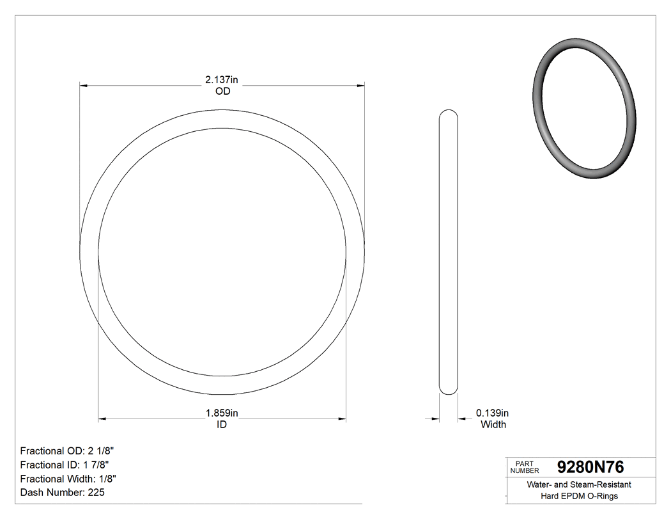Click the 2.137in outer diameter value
tap(221, 80)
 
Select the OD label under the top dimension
tap(222, 92)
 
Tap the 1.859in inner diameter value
tap(221, 413)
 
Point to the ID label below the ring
tap(221, 424)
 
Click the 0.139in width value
tap(492, 413)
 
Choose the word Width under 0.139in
tap(493, 424)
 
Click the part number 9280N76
tap(590, 467)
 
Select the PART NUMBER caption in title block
tap(525, 467)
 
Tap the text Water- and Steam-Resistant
tap(578, 485)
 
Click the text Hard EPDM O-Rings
tap(578, 496)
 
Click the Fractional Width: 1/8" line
tap(68, 479)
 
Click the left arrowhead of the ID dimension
tap(102, 419)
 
